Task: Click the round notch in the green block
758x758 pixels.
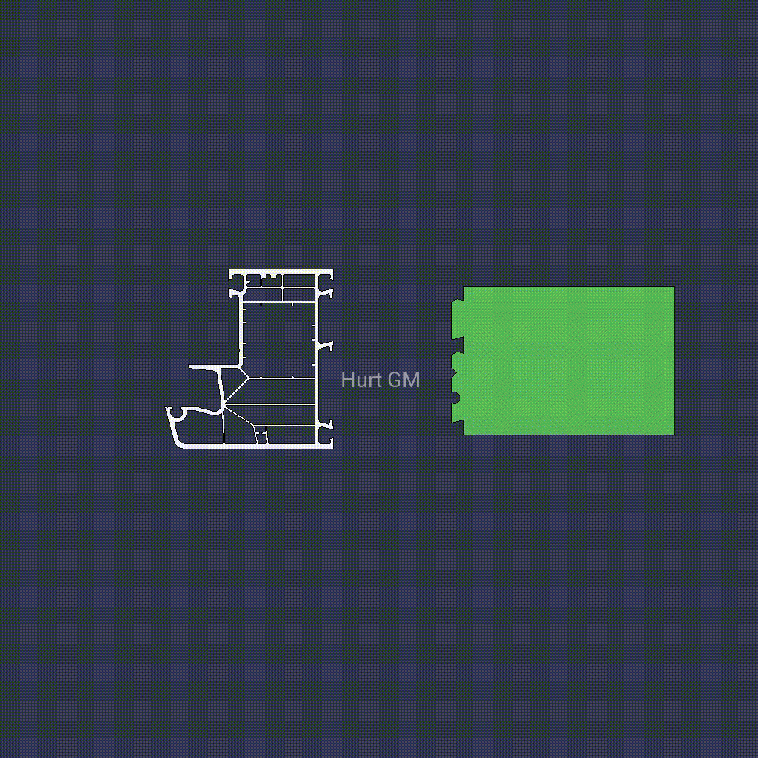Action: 455,398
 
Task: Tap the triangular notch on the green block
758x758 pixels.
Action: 454,373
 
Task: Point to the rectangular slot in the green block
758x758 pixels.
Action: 457,345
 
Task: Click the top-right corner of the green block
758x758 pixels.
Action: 674,287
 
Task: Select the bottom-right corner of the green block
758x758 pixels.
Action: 674,434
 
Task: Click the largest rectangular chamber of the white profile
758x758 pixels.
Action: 279,340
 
